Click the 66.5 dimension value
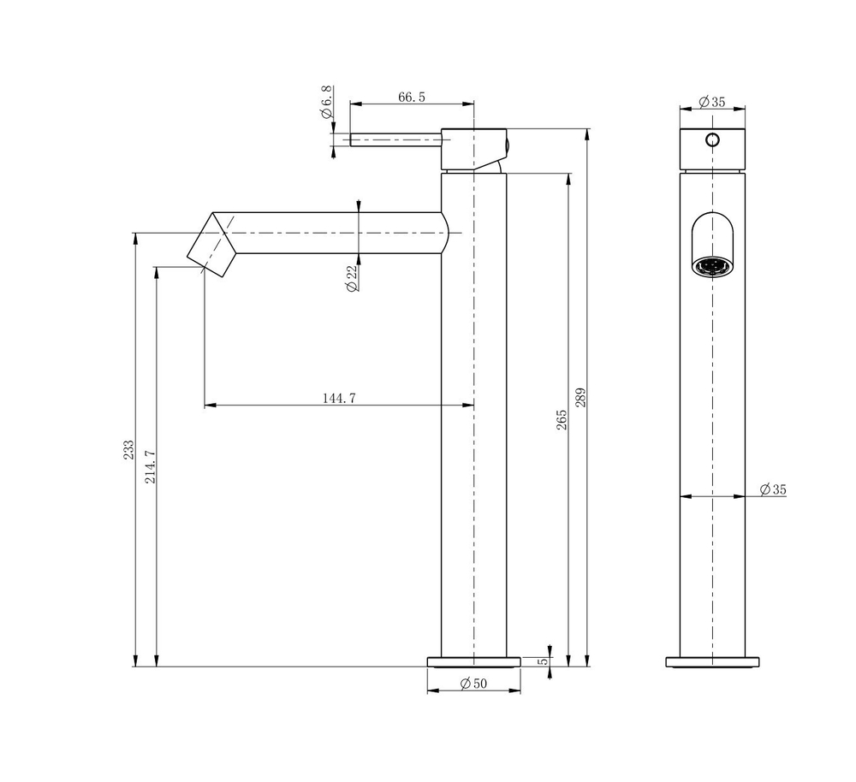pos(411,97)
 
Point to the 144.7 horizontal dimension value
pos(339,398)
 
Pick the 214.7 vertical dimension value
pos(151,466)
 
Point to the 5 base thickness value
pos(543,661)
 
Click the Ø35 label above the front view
pos(711,102)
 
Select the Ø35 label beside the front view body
pos(772,489)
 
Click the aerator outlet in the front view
pos(712,266)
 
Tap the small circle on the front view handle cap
pos(712,139)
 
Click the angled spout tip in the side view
pos(211,243)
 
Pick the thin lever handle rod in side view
pos(394,139)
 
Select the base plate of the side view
pos(473,661)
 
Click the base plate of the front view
pos(712,661)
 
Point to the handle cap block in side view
pos(473,148)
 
